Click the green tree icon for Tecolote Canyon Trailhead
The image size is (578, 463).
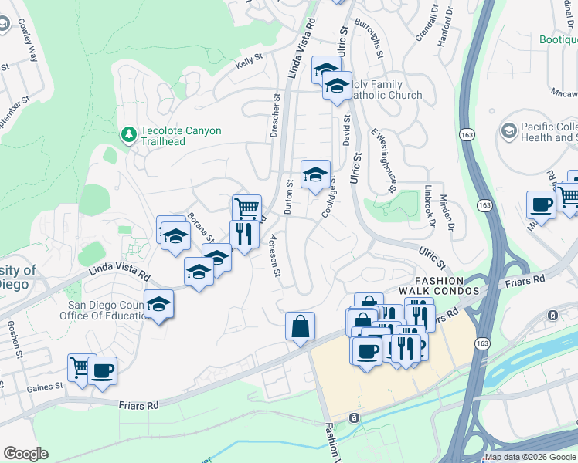click(x=129, y=136)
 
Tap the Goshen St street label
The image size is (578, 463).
click(x=14, y=340)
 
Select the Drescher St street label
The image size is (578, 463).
click(x=275, y=116)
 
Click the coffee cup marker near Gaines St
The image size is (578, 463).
click(x=102, y=371)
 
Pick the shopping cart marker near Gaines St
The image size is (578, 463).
click(x=81, y=368)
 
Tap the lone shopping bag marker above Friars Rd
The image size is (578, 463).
click(x=300, y=326)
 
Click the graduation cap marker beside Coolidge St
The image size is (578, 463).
click(x=315, y=175)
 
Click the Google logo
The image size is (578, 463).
click(x=25, y=453)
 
